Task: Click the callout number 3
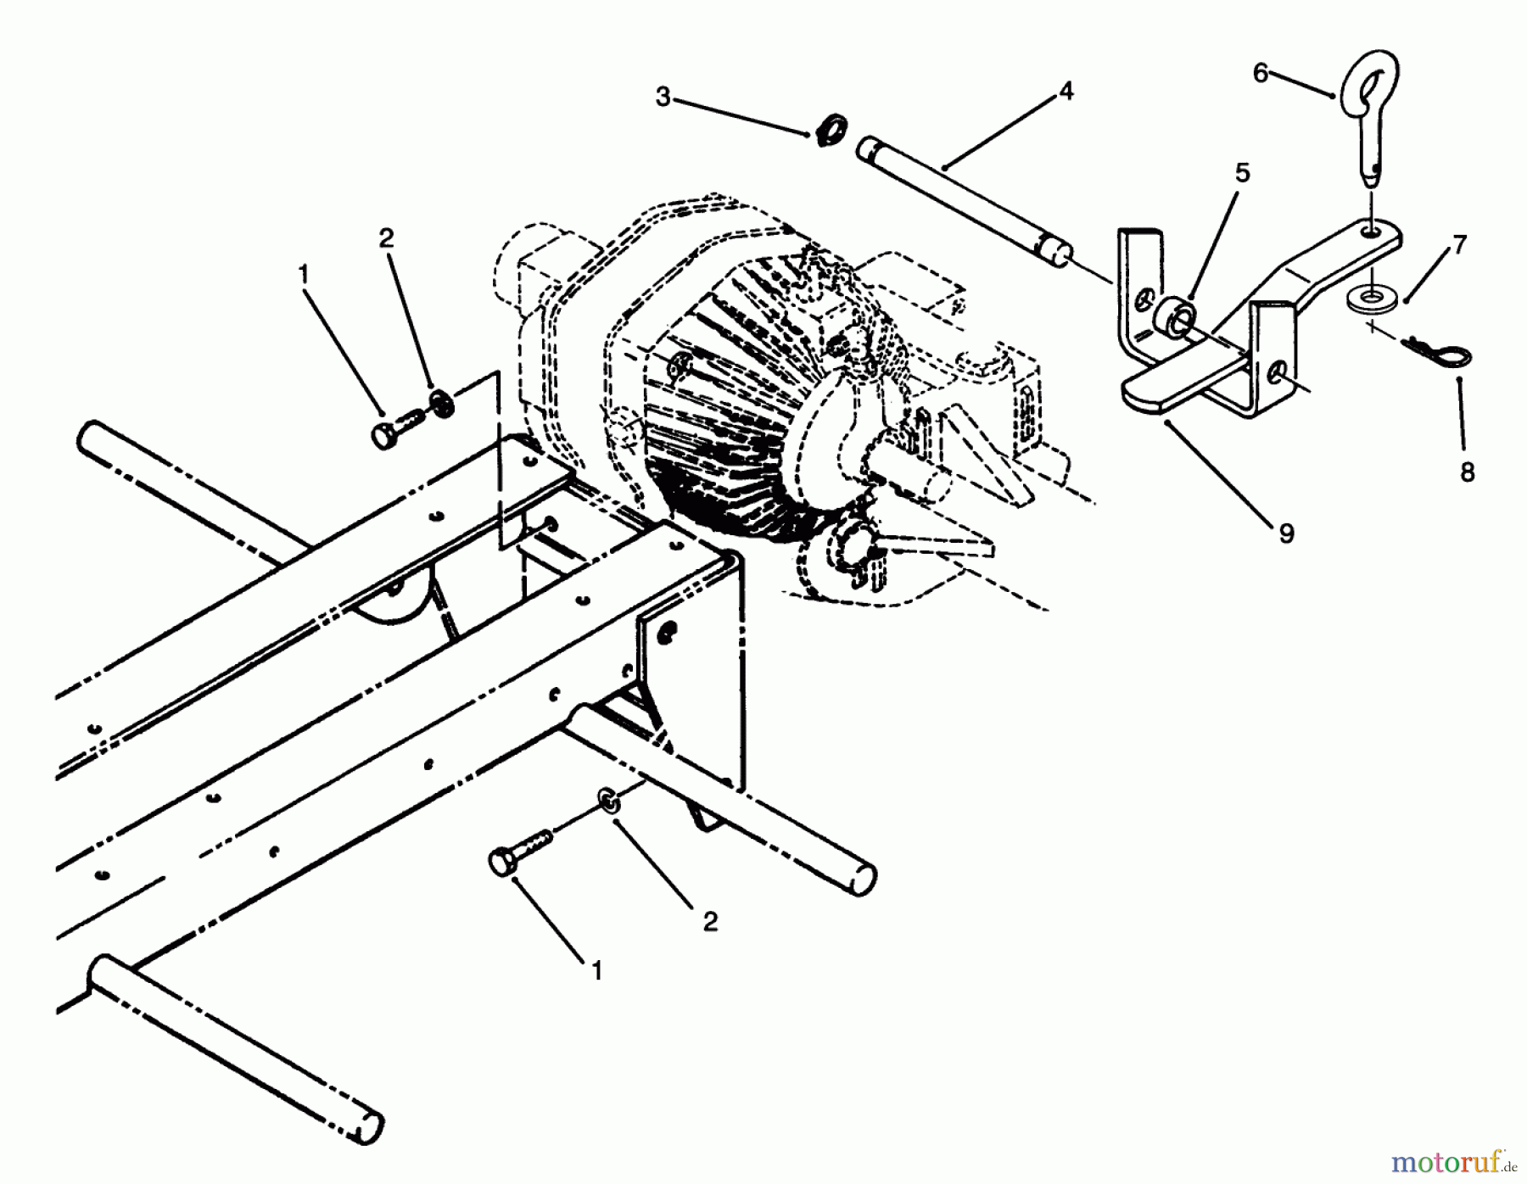coord(663,98)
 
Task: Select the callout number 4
coord(1066,91)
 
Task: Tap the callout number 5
coord(1242,174)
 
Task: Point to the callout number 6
coord(1261,74)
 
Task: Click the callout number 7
coord(1459,245)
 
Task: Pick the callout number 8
coord(1468,472)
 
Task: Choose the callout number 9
coord(1286,533)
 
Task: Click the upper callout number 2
coord(386,238)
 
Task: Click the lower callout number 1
coord(597,971)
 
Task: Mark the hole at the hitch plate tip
coord(1370,231)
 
